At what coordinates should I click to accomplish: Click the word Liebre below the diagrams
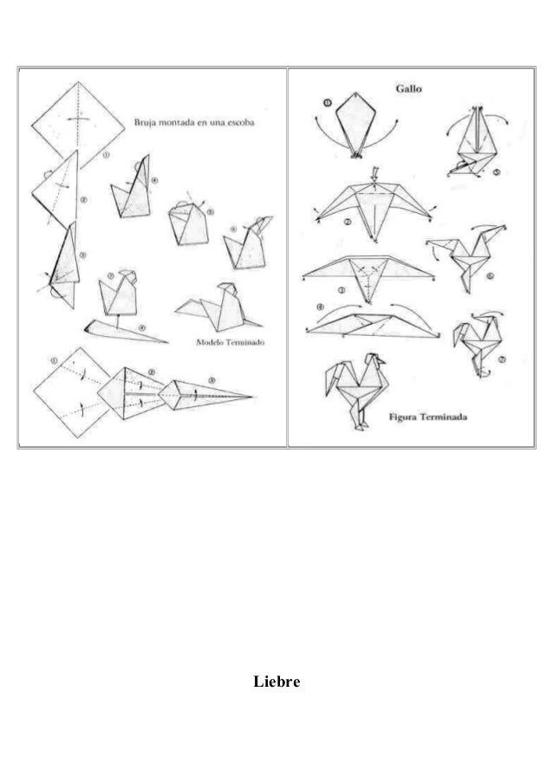tap(276, 683)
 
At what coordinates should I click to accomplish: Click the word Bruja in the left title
tap(145, 122)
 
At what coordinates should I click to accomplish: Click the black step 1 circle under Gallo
tap(327, 102)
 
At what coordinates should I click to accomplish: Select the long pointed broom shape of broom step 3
tap(208, 391)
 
